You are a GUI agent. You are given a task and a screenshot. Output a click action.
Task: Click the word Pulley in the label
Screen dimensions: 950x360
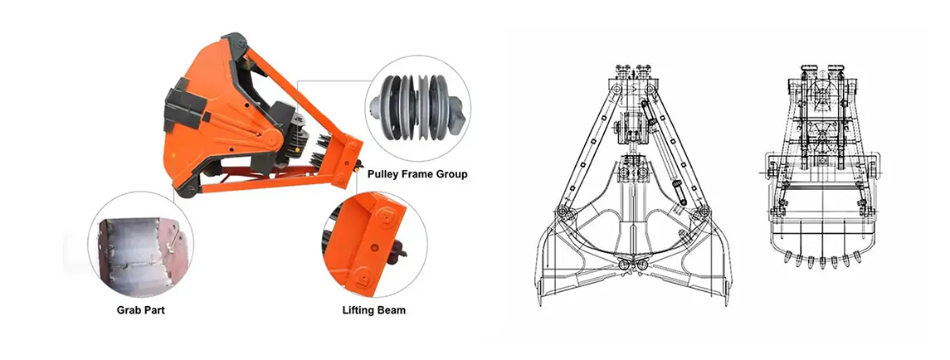(x=383, y=174)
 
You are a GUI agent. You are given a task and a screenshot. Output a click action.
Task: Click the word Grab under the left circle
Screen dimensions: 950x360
(x=129, y=310)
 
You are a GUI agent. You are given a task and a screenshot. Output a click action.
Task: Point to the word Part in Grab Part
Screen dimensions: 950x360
(x=154, y=310)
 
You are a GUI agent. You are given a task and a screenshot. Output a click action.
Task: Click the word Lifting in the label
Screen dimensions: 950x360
(x=358, y=310)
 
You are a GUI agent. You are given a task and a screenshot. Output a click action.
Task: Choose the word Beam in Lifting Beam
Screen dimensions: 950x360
(x=392, y=310)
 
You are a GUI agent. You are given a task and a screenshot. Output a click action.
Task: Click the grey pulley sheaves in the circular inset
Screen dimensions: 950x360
(x=417, y=108)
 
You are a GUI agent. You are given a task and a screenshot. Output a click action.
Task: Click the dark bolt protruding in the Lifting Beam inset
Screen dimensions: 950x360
(x=398, y=250)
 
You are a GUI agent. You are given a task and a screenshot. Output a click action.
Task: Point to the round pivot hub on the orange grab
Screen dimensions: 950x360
(x=270, y=139)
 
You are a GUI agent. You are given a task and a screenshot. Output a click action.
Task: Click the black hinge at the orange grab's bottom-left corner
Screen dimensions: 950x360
(x=187, y=190)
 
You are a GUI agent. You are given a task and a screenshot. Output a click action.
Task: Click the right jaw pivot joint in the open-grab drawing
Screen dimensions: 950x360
(x=702, y=212)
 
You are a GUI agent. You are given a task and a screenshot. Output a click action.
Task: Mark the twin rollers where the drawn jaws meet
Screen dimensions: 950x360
(x=632, y=266)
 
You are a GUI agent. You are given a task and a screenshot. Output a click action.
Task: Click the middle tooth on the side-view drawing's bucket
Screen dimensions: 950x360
(x=821, y=262)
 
